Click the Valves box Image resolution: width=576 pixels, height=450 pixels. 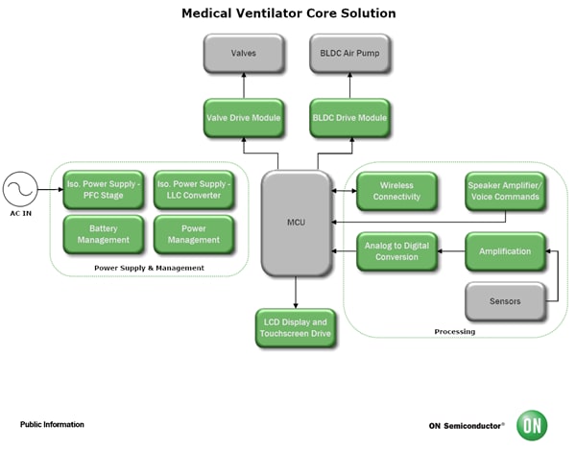tap(244, 54)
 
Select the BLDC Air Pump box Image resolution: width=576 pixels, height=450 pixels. tap(349, 54)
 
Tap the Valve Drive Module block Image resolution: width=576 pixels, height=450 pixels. tap(244, 117)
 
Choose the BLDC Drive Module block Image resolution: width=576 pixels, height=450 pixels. tap(349, 117)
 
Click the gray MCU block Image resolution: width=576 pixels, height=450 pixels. tap(296, 222)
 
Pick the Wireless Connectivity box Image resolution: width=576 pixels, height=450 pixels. tap(396, 191)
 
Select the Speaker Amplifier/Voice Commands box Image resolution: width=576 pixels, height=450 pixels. tap(505, 191)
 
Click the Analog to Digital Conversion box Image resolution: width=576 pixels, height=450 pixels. tap(396, 251)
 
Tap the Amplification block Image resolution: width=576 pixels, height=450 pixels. tap(505, 251)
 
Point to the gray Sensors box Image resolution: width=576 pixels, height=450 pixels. tap(505, 301)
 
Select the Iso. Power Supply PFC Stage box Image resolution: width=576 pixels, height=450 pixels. tap(103, 189)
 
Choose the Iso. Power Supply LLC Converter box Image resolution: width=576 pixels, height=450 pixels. tap(194, 189)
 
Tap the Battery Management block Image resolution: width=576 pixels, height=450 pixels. tap(103, 235)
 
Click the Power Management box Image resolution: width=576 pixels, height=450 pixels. tap(194, 235)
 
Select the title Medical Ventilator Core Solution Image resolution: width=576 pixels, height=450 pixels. tap(288, 13)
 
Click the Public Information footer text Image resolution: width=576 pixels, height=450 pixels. tap(52, 424)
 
